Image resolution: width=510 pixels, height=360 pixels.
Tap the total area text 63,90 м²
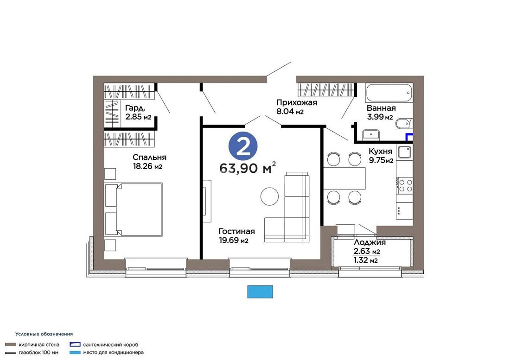pos(248,168)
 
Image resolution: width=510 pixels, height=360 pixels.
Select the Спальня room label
pos(149,157)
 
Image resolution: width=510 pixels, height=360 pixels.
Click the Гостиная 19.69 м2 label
pos(236,235)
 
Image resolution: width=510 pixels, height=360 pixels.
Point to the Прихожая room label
pos(297,103)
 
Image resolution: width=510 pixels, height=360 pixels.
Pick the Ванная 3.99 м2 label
pos(381,113)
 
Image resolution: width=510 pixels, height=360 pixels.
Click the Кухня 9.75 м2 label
pos(381,156)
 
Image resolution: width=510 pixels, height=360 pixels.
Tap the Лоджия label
pos(370,242)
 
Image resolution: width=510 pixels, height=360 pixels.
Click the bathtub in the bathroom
pos(389,93)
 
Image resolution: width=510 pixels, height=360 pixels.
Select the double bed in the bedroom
pos(134,209)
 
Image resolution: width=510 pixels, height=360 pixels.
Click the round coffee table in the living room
pos(270,196)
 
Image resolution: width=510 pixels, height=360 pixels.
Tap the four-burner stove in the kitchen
pos(405,185)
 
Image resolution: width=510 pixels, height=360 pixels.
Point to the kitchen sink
pos(405,152)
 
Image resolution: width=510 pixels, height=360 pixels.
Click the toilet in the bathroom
pos(404,124)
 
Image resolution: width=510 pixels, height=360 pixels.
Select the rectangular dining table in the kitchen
pos(345,178)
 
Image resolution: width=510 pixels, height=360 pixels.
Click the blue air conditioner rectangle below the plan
pos(260,292)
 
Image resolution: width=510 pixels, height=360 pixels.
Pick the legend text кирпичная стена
pos(39,345)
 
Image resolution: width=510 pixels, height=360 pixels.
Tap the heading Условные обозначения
pos(44,334)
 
